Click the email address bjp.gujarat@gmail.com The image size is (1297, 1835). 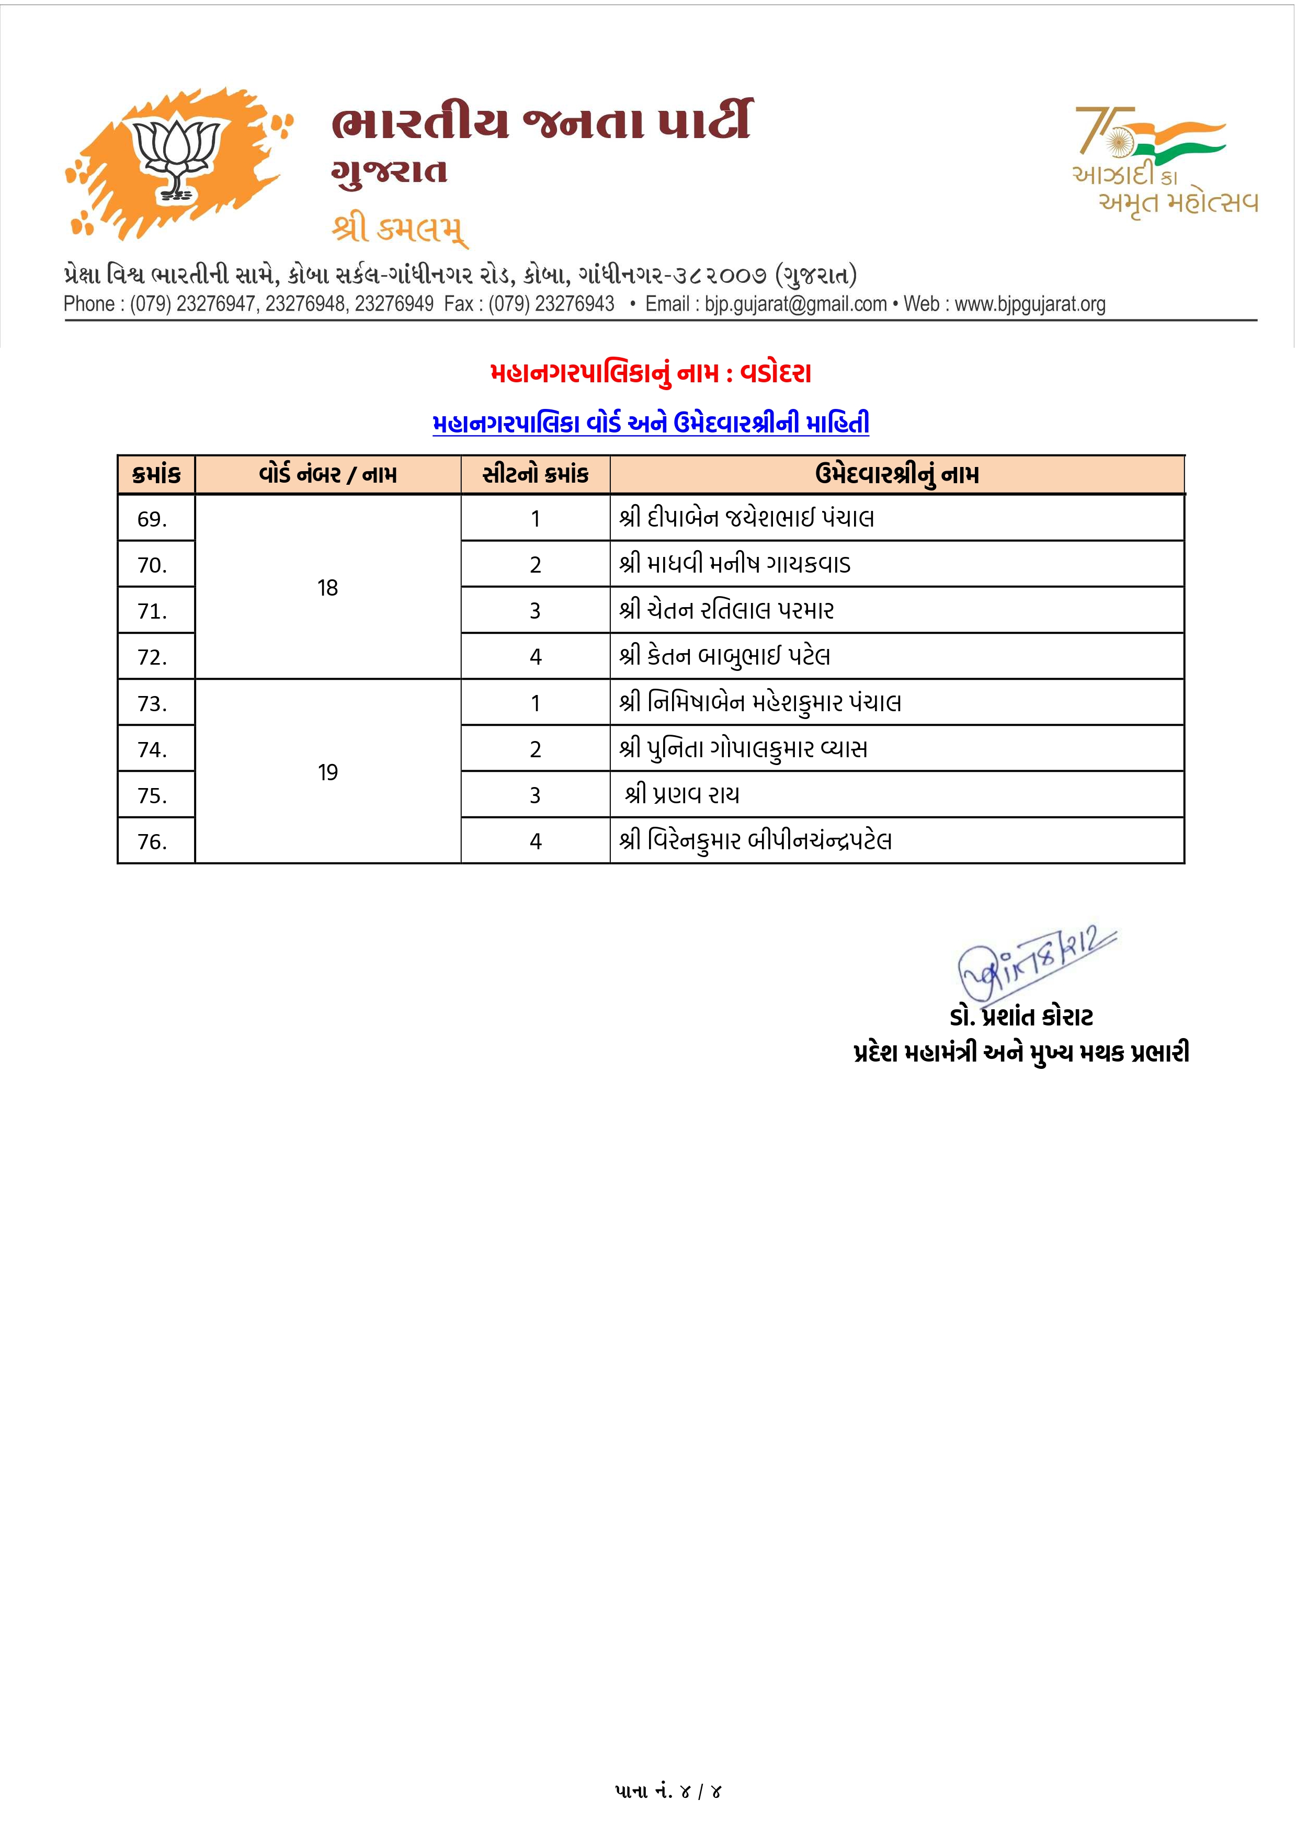(x=795, y=304)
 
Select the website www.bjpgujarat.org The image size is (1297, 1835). (x=1030, y=304)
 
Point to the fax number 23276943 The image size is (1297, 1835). (x=575, y=304)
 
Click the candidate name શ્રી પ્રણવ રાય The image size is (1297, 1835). (x=682, y=795)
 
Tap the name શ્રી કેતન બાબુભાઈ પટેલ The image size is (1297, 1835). (x=725, y=657)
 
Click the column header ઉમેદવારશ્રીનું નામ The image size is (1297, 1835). (x=896, y=475)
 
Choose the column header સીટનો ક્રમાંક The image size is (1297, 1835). (x=536, y=475)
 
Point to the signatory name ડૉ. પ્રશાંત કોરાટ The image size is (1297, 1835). (x=1021, y=1018)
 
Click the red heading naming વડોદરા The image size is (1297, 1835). (x=651, y=373)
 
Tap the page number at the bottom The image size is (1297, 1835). (x=668, y=1792)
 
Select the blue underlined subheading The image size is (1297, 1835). (x=651, y=424)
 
